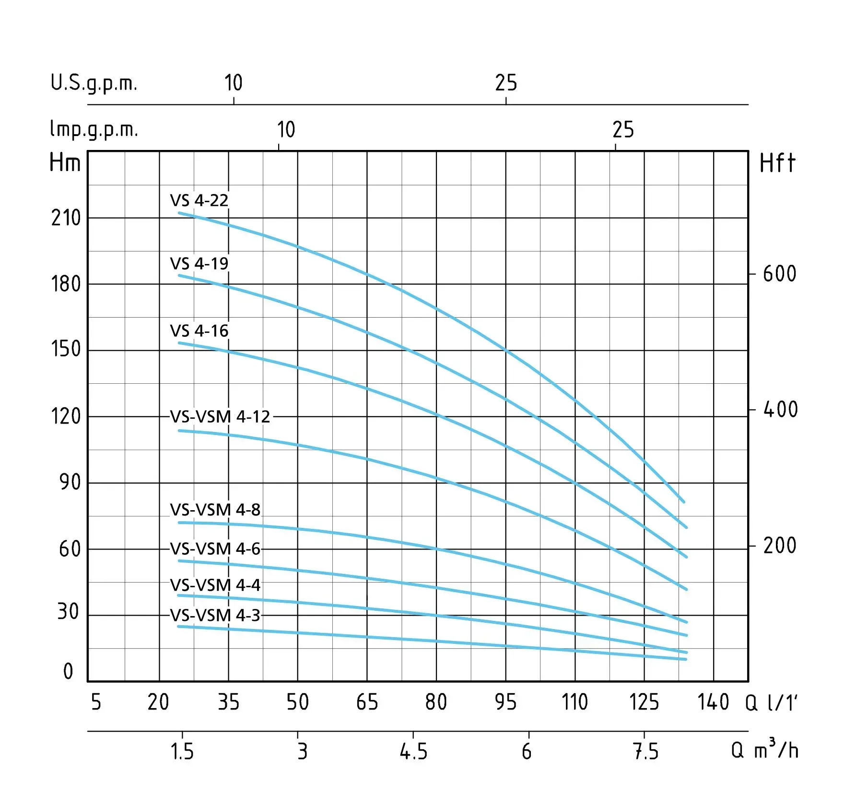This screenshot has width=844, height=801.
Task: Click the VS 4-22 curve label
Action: [199, 200]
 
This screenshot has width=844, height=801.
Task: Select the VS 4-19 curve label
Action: [199, 263]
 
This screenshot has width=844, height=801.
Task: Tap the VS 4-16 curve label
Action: [199, 331]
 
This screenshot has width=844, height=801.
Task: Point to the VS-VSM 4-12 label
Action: [220, 417]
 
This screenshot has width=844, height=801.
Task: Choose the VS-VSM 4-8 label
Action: [215, 510]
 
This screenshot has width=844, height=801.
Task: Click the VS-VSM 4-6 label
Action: [215, 549]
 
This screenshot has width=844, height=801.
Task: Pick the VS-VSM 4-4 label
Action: [215, 585]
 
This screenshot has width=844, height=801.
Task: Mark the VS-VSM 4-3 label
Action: [215, 616]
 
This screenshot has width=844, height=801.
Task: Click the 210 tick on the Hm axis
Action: [66, 218]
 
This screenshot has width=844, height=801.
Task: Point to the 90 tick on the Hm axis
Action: [70, 482]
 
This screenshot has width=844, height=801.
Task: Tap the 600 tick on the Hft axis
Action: [779, 274]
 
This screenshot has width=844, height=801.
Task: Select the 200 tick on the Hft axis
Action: [779, 546]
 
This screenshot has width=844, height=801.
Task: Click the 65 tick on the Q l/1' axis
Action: [367, 703]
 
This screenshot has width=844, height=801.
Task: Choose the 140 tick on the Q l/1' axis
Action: [713, 703]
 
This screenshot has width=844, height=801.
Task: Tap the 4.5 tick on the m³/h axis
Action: [413, 752]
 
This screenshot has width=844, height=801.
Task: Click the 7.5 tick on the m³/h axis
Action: [645, 752]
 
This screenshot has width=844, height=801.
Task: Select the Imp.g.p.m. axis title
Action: [94, 130]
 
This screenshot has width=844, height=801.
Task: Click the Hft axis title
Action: [777, 163]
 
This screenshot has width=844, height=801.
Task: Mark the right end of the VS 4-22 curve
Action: [683, 502]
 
